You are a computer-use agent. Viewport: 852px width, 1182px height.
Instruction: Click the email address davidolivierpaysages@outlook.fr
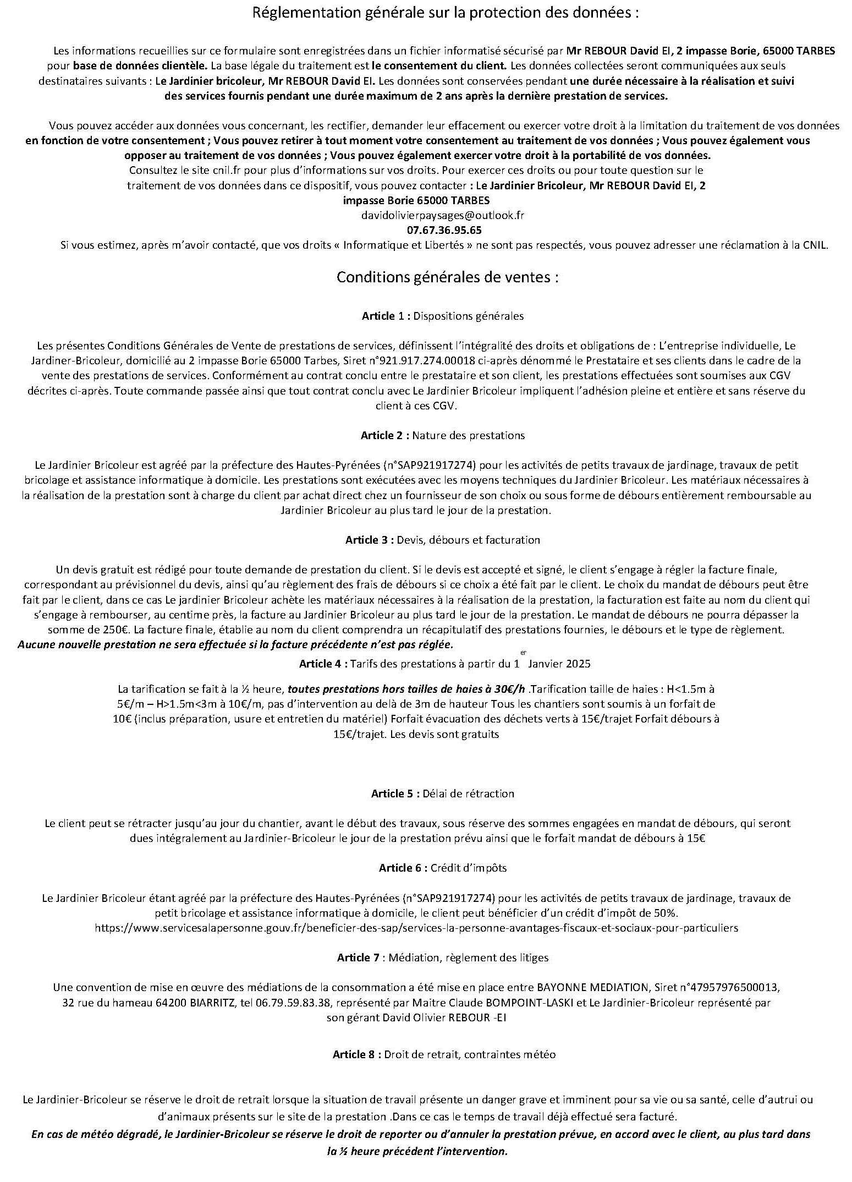(x=442, y=215)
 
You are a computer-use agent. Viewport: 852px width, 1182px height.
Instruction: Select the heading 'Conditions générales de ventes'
(x=447, y=277)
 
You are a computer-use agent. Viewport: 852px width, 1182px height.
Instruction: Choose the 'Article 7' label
(x=358, y=957)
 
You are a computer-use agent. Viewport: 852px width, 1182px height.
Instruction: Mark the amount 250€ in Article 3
(x=85, y=629)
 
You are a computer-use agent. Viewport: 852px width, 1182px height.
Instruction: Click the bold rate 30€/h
(x=510, y=689)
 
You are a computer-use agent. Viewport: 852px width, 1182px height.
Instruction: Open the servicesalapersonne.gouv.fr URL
(x=416, y=928)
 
